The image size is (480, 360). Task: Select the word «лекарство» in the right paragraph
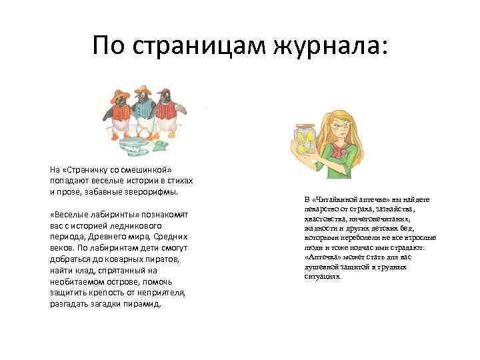322,209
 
